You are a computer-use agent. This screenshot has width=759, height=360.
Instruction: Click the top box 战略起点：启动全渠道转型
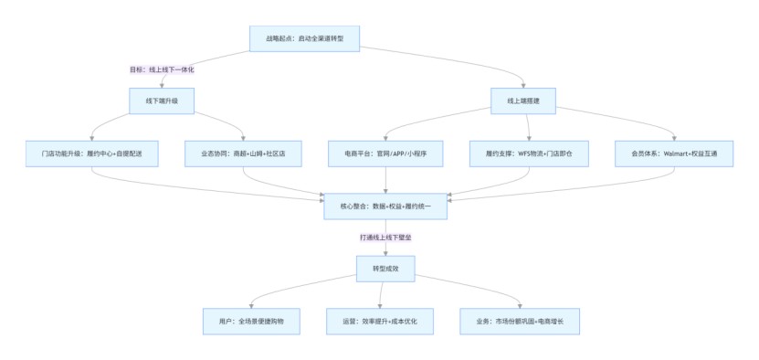pos(305,38)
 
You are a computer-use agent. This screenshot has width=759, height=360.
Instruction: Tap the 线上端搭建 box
pos(525,101)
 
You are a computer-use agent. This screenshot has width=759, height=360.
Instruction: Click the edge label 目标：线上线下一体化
pos(162,69)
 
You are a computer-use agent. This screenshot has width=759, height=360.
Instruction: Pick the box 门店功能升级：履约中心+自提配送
pos(91,154)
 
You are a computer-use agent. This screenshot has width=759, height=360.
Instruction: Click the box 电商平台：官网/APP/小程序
pos(385,154)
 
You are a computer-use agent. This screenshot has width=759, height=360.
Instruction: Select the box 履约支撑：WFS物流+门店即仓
pos(529,154)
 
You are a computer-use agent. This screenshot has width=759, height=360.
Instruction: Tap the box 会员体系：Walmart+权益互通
pos(673,154)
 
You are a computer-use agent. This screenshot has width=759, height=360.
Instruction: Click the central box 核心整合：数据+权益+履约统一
pos(385,206)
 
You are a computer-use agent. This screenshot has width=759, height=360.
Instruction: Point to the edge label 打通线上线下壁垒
pos(385,238)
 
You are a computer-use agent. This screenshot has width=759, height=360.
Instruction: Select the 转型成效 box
pos(385,269)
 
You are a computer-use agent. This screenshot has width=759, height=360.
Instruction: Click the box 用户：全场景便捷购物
pos(249,321)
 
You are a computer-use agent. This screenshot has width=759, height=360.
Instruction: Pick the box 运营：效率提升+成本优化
pos(380,321)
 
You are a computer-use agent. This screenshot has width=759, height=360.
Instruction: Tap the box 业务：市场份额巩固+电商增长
pos(519,321)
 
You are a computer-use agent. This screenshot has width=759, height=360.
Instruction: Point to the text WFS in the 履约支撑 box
pos(525,154)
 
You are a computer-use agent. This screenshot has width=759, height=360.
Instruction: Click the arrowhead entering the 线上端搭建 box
pos(525,85)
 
